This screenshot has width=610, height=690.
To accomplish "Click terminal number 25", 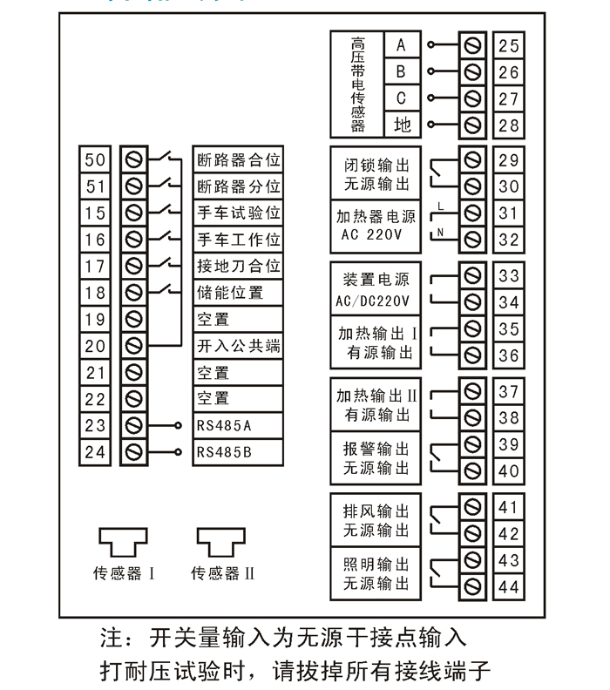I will click(x=509, y=45).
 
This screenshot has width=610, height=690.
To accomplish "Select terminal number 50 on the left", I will click(x=96, y=159).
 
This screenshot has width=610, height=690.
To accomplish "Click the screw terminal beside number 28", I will click(x=474, y=125).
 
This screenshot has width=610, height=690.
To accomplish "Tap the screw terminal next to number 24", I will click(x=134, y=452).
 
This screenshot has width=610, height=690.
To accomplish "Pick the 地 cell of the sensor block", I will click(x=402, y=125).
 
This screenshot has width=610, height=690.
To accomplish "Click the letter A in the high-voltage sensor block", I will click(x=402, y=44).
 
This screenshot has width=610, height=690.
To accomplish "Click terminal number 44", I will click(x=509, y=586).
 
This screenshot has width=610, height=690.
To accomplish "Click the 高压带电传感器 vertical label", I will click(x=357, y=85).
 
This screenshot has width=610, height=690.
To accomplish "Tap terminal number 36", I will click(x=509, y=356).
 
